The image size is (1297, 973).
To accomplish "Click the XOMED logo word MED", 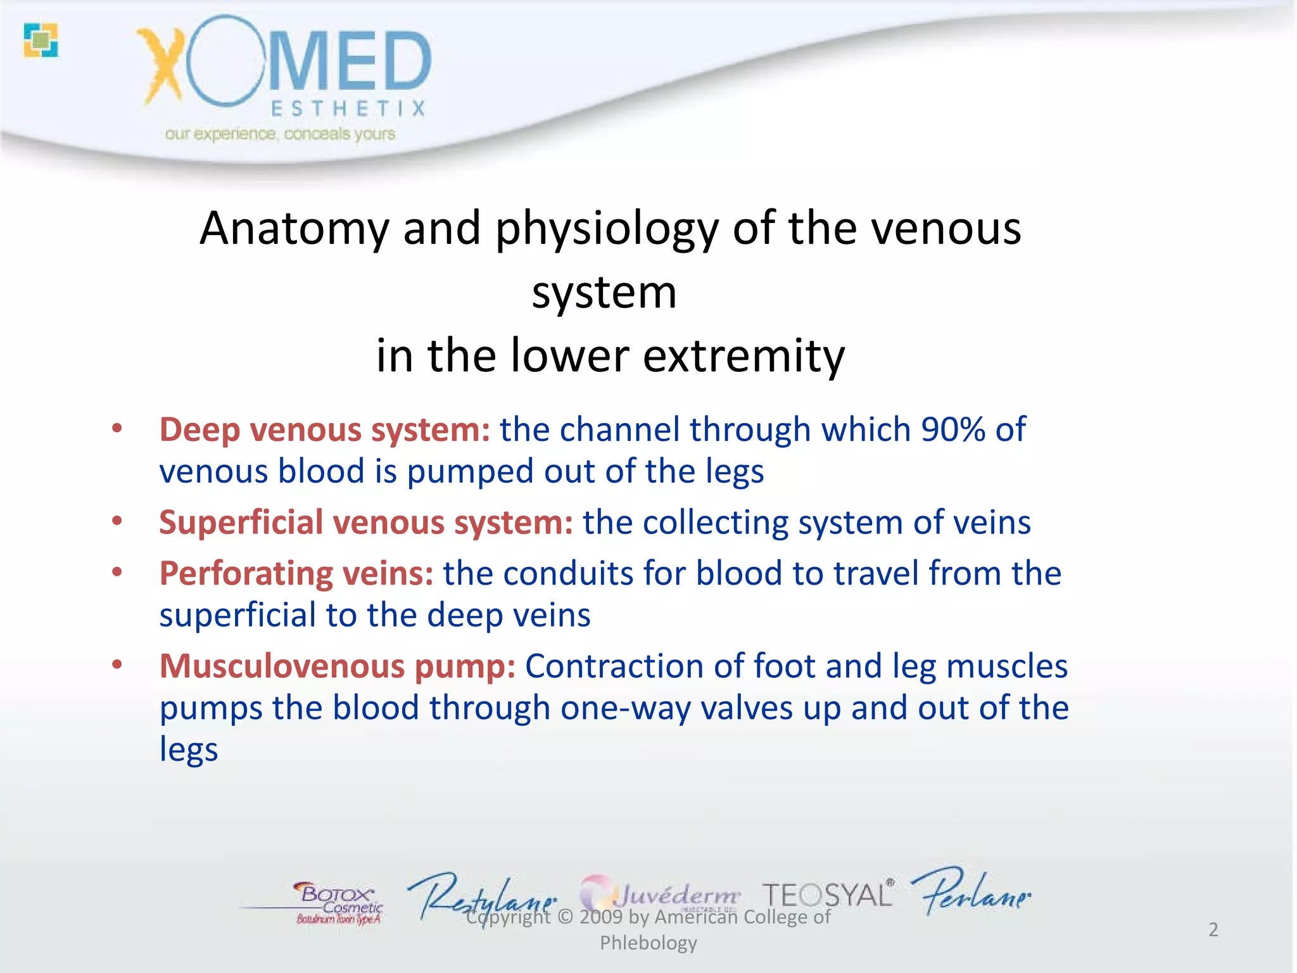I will pyautogui.click(x=350, y=62).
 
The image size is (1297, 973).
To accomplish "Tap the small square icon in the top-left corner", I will pyautogui.click(x=41, y=40).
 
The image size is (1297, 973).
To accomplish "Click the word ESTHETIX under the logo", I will pyautogui.click(x=348, y=109).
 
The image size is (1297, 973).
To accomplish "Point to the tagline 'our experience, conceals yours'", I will pyautogui.click(x=280, y=134).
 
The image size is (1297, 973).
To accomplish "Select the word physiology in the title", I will pyautogui.click(x=607, y=229).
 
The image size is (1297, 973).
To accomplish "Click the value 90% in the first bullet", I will pyautogui.click(x=953, y=429).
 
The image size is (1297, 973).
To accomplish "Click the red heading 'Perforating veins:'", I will pyautogui.click(x=296, y=573).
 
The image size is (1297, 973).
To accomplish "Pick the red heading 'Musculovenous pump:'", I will pyautogui.click(x=337, y=666).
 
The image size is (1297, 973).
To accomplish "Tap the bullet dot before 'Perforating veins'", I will pyautogui.click(x=117, y=573).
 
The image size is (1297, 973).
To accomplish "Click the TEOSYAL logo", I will pyautogui.click(x=827, y=894).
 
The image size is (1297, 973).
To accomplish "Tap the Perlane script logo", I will pyautogui.click(x=970, y=892).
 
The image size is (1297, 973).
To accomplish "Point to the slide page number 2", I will pyautogui.click(x=1213, y=929).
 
